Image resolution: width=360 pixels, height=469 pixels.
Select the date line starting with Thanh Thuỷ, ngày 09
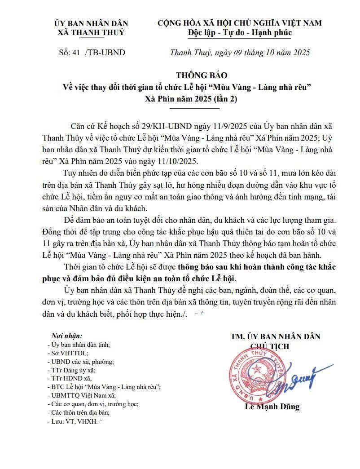point(240,52)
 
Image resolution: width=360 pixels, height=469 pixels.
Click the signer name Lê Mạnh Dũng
point(272,407)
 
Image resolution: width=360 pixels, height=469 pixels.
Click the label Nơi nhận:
point(67,336)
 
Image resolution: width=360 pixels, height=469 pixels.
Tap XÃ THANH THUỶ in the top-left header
point(91,32)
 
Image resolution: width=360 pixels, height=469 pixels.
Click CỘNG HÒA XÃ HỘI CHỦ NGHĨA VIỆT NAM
point(240,23)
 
